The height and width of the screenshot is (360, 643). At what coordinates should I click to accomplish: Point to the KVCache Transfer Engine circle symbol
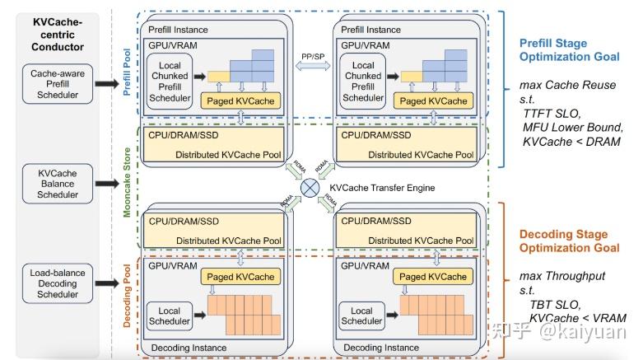tap(310, 187)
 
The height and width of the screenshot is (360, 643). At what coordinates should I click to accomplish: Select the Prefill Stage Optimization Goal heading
tap(570, 50)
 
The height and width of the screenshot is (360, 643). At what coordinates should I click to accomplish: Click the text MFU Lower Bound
tap(573, 127)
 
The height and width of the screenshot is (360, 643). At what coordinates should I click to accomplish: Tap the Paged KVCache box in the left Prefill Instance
tap(241, 101)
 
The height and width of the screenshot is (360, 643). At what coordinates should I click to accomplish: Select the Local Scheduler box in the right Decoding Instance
tap(362, 317)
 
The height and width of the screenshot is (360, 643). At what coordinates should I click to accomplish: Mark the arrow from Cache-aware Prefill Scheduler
tap(108, 84)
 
